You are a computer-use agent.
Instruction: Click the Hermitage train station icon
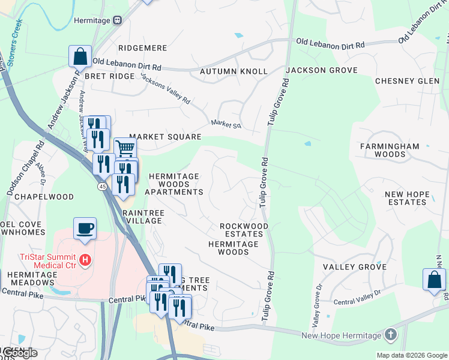(118, 20)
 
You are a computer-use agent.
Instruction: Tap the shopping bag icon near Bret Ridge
(80, 56)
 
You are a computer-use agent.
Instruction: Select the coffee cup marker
(85, 229)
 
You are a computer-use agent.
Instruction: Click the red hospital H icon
(86, 260)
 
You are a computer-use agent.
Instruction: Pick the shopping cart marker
(124, 148)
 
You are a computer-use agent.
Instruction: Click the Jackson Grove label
(321, 70)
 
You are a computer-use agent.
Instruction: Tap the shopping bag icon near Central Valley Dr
(434, 280)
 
